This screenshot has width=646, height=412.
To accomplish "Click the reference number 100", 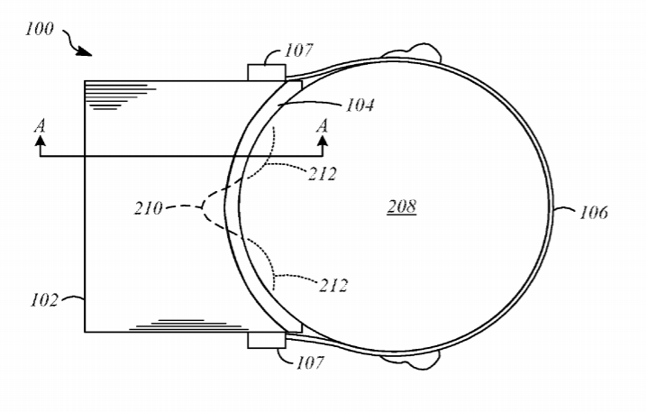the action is point(40,29).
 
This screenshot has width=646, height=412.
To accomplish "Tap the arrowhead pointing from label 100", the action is point(85,51).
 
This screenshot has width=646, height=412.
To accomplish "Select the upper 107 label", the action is point(299,50).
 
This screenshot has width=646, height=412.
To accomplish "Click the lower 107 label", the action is point(310,362).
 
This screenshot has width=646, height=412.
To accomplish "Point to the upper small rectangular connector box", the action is point(267,73).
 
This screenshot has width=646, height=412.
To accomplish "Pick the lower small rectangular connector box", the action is point(267,340).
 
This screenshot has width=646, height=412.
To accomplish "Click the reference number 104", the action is point(359,105).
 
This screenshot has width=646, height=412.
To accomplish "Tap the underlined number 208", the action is point(402,206).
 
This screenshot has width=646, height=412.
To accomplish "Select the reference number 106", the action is point(594,213).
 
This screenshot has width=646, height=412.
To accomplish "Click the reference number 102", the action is point(44,300).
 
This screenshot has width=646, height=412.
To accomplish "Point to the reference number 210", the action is point(149,208).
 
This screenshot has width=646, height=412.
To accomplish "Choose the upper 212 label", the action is point(323,174).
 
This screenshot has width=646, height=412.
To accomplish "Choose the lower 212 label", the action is point(333,286).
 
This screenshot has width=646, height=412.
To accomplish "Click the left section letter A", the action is point(40,125).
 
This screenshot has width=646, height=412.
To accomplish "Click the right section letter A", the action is point(323,125).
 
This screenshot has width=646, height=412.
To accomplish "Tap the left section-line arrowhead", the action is point(40,141).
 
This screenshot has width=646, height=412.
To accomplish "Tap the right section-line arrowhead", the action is point(323,141).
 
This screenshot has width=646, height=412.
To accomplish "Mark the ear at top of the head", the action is point(412,51).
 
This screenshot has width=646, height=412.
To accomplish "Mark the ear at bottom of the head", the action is point(412,361).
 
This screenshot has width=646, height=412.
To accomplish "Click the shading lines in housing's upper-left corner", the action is point(120,96).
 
